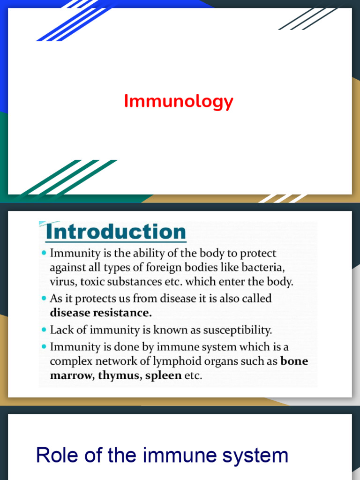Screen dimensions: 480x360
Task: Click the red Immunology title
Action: click(179, 101)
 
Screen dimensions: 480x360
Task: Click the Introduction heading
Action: click(116, 232)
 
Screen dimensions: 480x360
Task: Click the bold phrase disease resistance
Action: click(101, 312)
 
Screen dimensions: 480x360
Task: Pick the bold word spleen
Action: click(163, 375)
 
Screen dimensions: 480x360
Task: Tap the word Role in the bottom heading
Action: click(55, 455)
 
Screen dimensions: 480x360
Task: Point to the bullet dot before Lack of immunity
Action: click(44, 330)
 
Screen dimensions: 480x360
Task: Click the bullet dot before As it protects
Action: click(44, 298)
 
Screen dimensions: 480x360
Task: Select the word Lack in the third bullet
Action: click(61, 330)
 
